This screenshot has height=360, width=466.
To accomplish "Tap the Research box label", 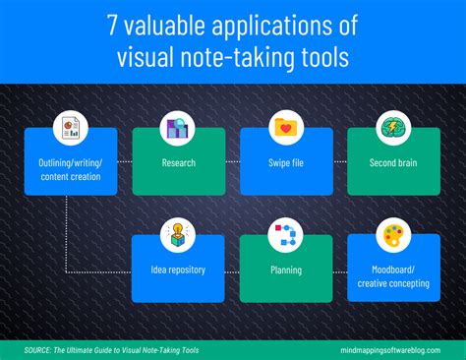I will tap(178, 161).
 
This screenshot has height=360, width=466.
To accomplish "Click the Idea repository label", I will tap(178, 270).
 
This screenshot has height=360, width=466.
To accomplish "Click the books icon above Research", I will tap(178, 127).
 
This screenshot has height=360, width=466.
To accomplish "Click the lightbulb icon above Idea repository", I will tap(178, 235).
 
